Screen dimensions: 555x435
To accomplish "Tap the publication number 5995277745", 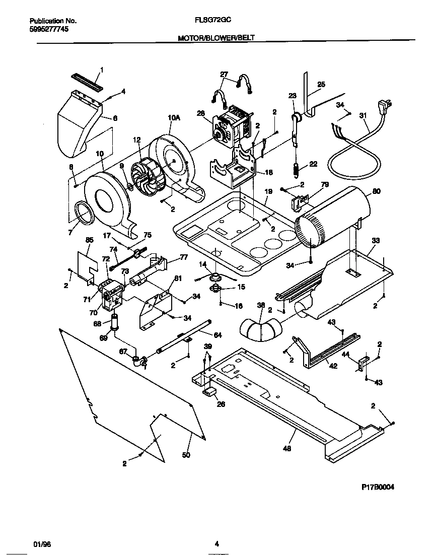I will coord(49,29).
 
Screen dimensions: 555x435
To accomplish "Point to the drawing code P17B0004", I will coord(378,487).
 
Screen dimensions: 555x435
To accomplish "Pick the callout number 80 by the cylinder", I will coord(377,191).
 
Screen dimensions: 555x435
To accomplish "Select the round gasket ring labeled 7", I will coord(84,212).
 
